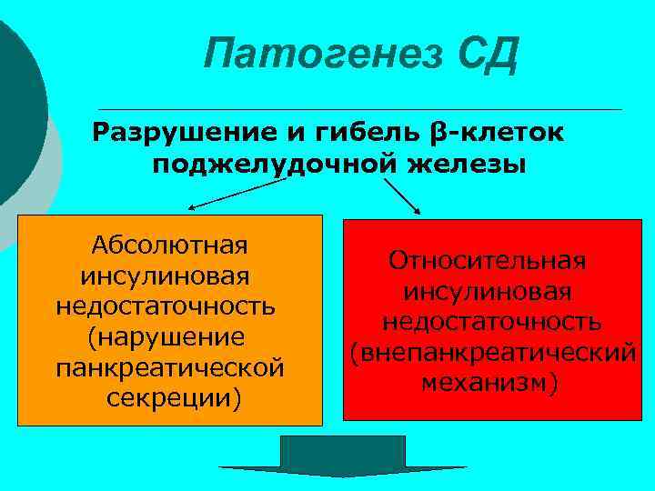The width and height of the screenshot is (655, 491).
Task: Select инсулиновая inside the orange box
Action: (166, 276)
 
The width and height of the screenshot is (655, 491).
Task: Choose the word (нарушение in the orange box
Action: (166, 337)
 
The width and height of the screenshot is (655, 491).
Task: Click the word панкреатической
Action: (170, 368)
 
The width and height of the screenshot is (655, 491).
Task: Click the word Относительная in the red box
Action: (488, 261)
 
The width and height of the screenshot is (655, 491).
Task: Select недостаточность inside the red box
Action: (490, 322)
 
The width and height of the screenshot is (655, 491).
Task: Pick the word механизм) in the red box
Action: (490, 383)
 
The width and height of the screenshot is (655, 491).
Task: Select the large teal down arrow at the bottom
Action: (342, 460)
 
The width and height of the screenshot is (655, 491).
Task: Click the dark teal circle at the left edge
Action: (14, 109)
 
